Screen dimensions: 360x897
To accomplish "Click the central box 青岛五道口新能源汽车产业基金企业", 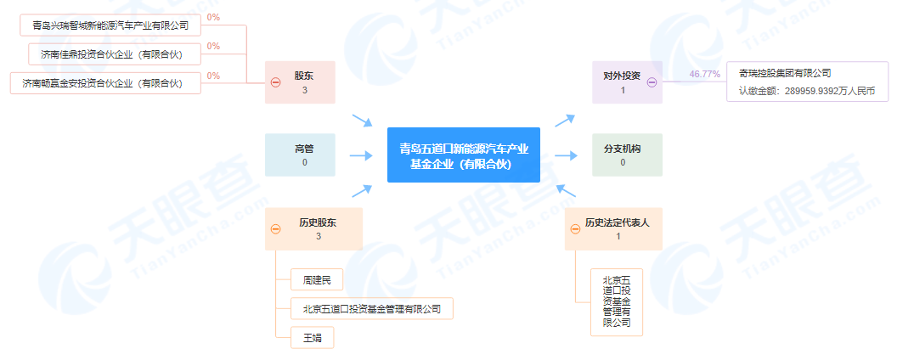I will pos(464,155).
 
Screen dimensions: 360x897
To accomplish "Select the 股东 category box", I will pos(303,82).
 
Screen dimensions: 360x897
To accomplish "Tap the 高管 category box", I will pos(303,155).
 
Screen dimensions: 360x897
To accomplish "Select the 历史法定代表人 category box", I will pos(618,228).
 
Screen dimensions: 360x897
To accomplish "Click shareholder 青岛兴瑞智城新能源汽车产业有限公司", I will pos(110,25).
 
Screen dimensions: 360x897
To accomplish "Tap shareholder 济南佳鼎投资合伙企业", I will pos(111,54).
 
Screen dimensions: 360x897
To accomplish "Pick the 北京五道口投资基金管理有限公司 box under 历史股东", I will pos(371,307).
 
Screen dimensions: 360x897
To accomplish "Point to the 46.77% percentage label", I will pos(704,75).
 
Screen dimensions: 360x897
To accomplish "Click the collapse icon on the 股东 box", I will pos(275,82).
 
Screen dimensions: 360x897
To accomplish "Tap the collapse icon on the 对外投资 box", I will pos(652,82).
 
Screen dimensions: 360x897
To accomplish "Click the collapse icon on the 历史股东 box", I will pos(275,228).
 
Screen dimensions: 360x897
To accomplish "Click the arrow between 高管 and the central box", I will pos(361,155).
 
